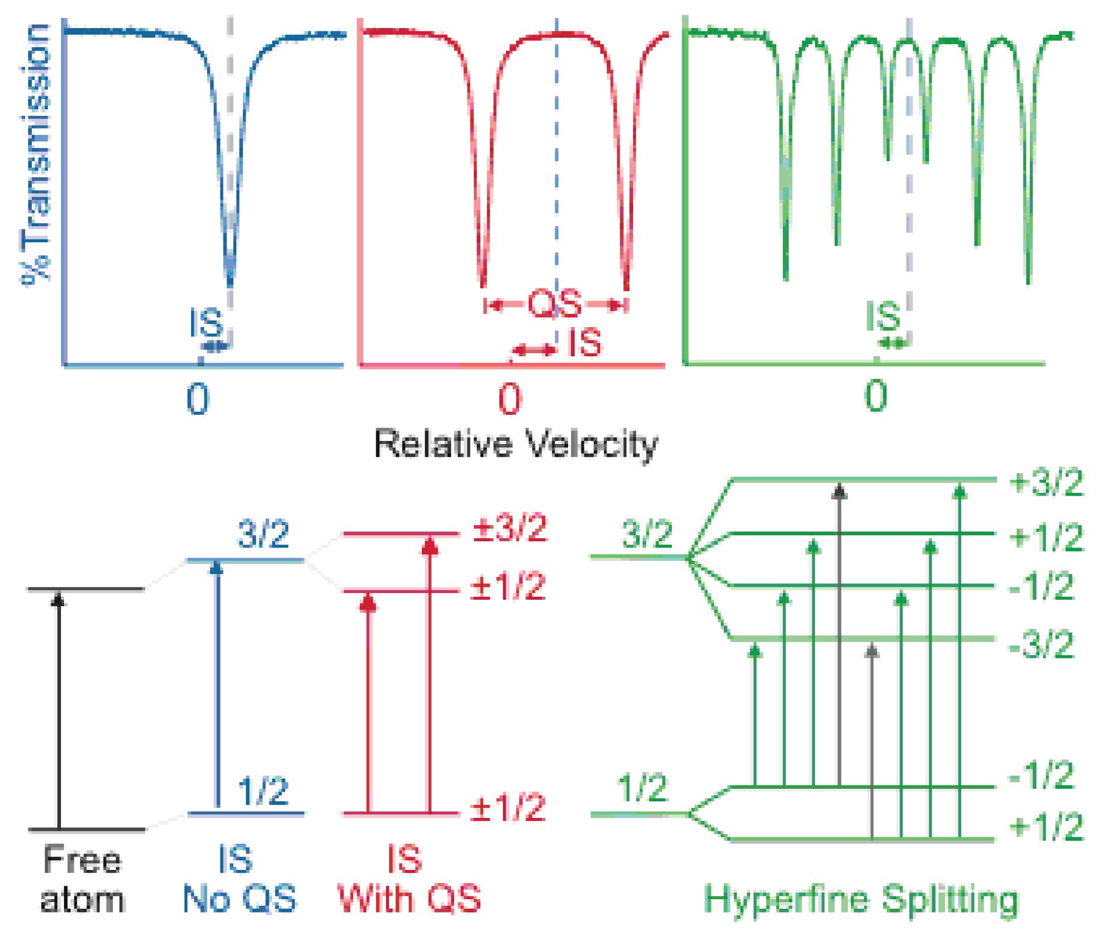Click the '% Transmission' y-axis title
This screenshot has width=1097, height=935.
(36, 154)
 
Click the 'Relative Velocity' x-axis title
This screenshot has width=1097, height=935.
(516, 444)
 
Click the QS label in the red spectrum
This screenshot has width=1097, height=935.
(555, 304)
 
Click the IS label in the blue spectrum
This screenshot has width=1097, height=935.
(207, 323)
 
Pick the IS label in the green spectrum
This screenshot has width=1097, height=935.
(883, 317)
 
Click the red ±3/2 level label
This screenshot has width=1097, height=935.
(510, 528)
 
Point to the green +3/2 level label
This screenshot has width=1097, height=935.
(1046, 483)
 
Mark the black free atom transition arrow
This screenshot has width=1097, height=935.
(59, 709)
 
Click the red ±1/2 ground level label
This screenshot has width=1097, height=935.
(507, 808)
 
